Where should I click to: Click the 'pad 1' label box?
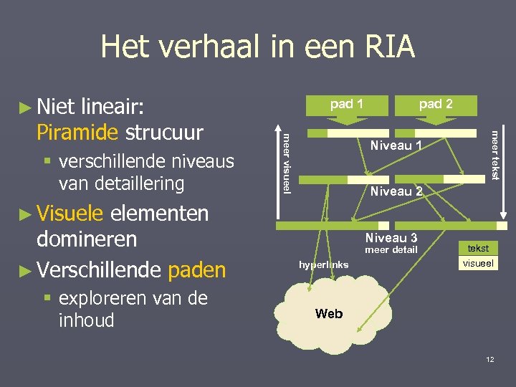346,104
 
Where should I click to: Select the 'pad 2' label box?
436,104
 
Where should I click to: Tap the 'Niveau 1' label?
396,146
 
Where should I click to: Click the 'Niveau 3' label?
391,238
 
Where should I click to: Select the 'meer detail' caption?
391,250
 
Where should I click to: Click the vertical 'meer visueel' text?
286,163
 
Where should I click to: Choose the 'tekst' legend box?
478,248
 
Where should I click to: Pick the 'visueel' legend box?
478,264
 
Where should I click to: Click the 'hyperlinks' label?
324,264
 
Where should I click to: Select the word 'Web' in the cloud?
329,314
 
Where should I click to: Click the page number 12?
489,359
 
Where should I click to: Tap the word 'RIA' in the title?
385,47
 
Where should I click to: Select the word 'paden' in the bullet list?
196,269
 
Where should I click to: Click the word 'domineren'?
87,239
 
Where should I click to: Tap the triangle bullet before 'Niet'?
25,108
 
